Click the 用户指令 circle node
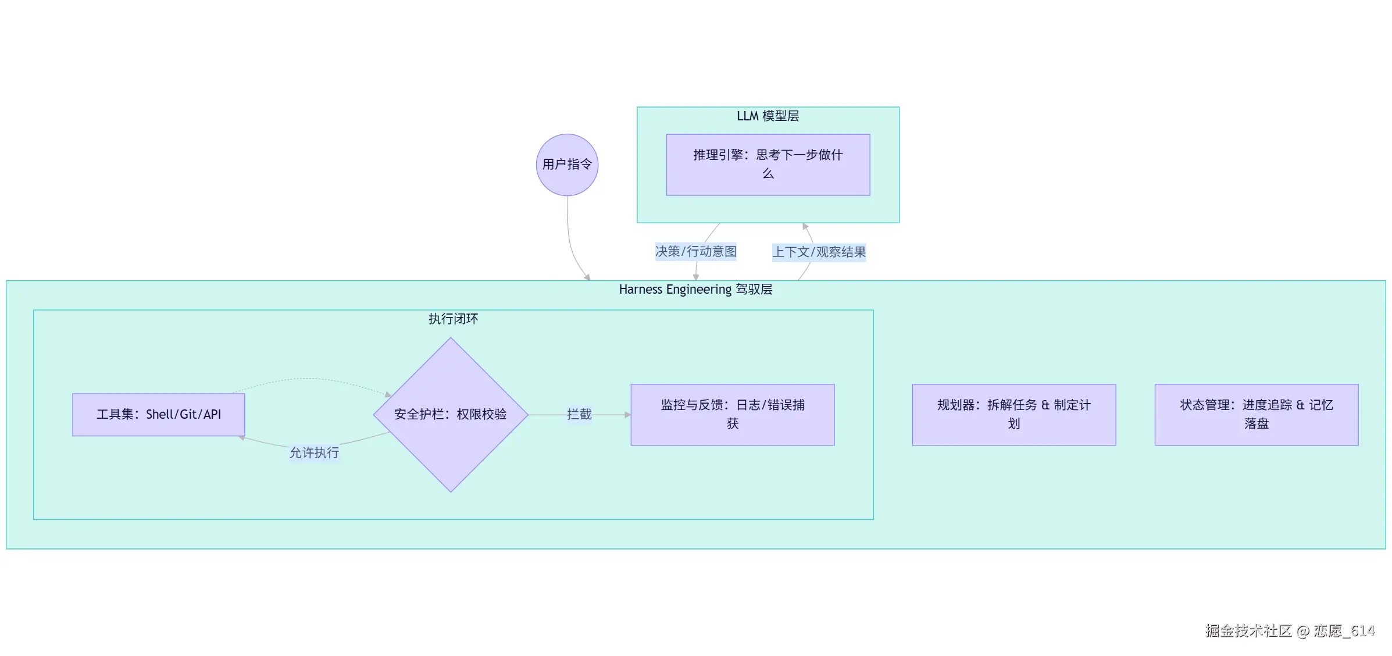click(x=567, y=165)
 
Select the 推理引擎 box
click(x=768, y=165)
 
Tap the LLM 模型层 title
click(x=768, y=116)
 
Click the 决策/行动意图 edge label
click(x=695, y=251)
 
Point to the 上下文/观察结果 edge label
click(x=819, y=252)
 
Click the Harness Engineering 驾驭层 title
click(x=695, y=290)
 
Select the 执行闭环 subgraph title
click(x=453, y=319)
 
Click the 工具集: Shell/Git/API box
click(x=158, y=415)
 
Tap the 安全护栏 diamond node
click(x=450, y=415)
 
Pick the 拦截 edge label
click(x=579, y=414)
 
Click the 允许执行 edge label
click(x=314, y=452)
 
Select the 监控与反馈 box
click(x=732, y=415)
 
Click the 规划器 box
click(x=1013, y=415)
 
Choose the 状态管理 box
click(x=1256, y=415)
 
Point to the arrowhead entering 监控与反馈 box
click(x=627, y=415)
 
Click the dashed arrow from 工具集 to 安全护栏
click(x=308, y=379)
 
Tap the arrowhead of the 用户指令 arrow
click(x=588, y=278)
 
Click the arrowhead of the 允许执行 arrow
click(x=242, y=438)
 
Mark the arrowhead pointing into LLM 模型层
click(x=805, y=226)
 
